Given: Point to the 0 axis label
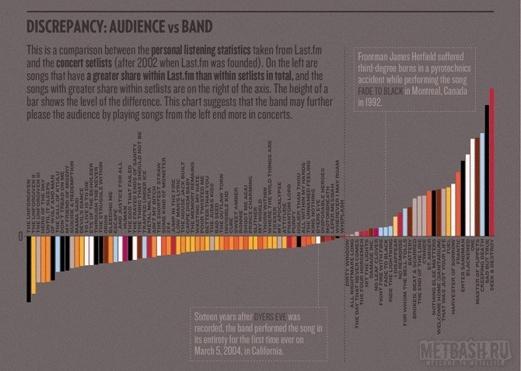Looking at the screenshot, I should coord(20,236).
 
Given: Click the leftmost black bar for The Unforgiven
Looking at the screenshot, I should coord(30,268).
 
